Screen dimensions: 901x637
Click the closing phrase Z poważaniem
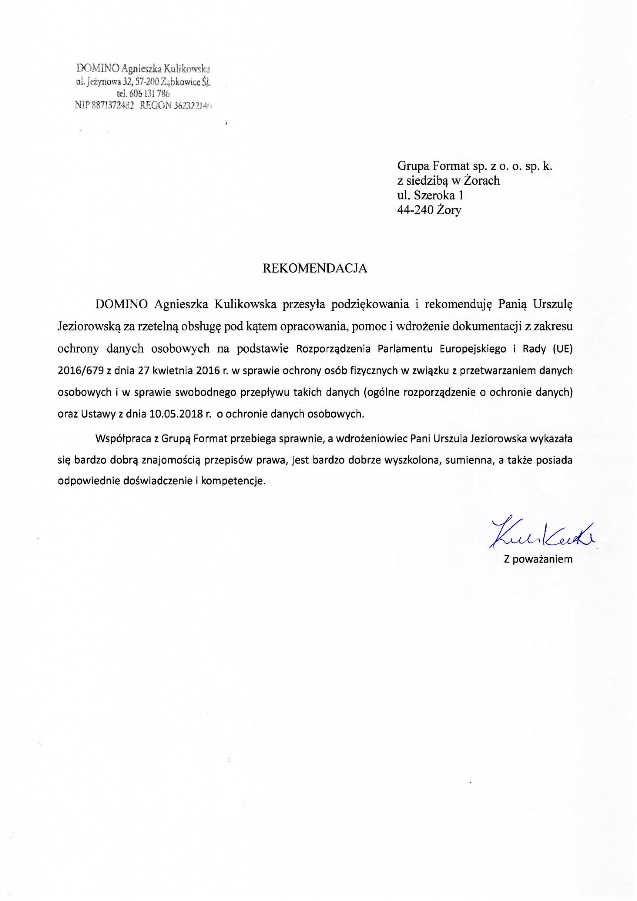coord(538,559)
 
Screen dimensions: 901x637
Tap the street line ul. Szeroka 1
coord(430,195)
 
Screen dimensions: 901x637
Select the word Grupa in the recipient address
coord(412,166)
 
